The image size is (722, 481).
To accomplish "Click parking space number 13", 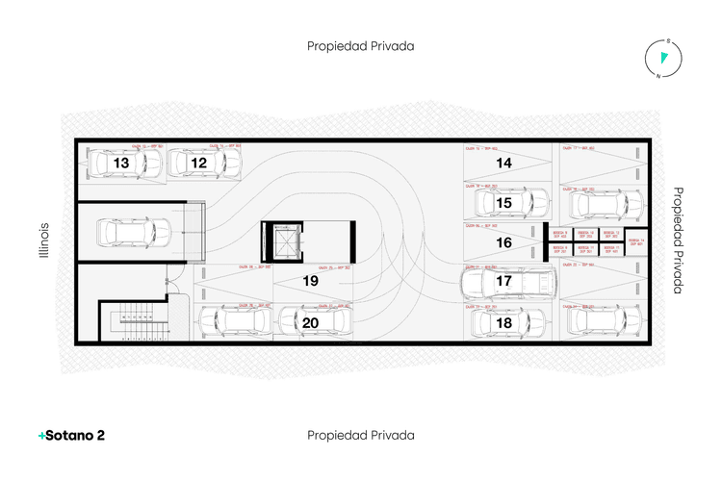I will tap(121, 164).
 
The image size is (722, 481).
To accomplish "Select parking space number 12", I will tap(199, 164).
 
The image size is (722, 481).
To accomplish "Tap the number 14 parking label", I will tap(503, 163).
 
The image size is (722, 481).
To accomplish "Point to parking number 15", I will tap(503, 203).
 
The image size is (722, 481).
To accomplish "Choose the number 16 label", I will tap(503, 242).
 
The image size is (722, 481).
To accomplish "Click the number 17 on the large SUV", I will tap(503, 282).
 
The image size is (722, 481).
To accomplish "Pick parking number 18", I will tap(503, 322).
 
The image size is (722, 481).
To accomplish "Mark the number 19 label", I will tap(310, 281).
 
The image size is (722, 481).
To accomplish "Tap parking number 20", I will tap(310, 322).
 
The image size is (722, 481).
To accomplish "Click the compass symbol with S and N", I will tap(663, 60).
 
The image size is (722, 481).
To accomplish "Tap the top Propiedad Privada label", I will tap(361, 45).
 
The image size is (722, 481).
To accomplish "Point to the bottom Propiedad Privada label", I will tap(361, 435).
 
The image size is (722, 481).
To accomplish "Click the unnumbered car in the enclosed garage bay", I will tap(133, 232).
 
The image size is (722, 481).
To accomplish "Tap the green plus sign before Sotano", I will tap(40, 436).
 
